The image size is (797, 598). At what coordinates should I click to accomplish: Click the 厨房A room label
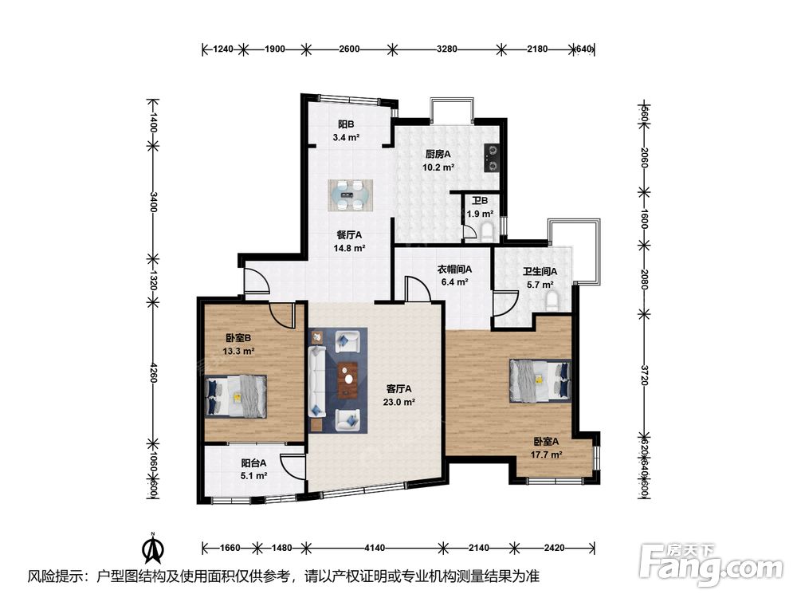(x=438, y=154)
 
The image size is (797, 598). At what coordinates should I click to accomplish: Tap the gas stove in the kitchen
(x=492, y=158)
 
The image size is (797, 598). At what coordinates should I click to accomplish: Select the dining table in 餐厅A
(x=350, y=195)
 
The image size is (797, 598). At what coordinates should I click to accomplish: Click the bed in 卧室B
(x=236, y=396)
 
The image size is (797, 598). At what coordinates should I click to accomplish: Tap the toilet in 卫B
(x=487, y=231)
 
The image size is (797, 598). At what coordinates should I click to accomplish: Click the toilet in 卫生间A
(x=553, y=301)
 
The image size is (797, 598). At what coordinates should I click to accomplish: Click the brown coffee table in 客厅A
(x=348, y=380)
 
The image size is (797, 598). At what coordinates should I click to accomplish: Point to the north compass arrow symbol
(x=152, y=548)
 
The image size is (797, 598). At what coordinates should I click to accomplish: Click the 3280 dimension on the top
(x=447, y=49)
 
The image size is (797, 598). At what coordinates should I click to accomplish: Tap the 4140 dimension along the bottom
(x=374, y=549)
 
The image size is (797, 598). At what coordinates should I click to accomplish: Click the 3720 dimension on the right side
(x=644, y=375)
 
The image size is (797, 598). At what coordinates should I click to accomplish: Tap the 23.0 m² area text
(x=399, y=402)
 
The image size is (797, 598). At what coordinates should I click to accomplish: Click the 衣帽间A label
(x=455, y=269)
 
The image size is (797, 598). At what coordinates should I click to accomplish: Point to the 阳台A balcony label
(x=253, y=463)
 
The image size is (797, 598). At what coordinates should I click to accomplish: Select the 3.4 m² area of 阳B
(x=346, y=137)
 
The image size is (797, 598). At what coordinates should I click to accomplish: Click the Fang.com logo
(x=711, y=564)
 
